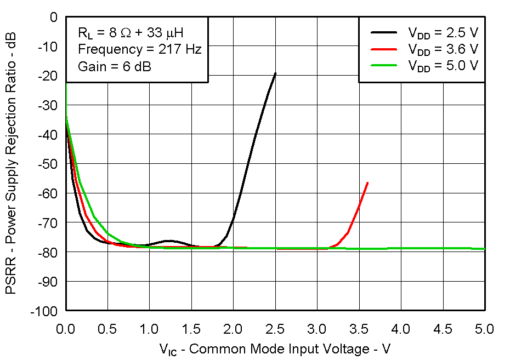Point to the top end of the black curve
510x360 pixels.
click(x=275, y=73)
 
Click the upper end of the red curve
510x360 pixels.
click(x=367, y=182)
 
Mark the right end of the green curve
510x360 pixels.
click(x=484, y=249)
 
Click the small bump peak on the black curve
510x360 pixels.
click(x=169, y=241)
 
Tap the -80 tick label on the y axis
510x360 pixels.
click(x=49, y=252)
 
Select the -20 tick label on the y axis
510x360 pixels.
click(x=49, y=76)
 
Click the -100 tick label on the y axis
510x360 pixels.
click(x=46, y=311)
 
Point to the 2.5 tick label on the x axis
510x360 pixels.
click(x=275, y=329)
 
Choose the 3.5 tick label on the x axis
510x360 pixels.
click(x=359, y=329)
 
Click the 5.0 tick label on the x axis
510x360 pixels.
click(x=485, y=329)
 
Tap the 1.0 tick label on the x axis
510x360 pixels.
click(x=149, y=329)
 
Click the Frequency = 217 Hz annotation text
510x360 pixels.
click(x=140, y=49)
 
